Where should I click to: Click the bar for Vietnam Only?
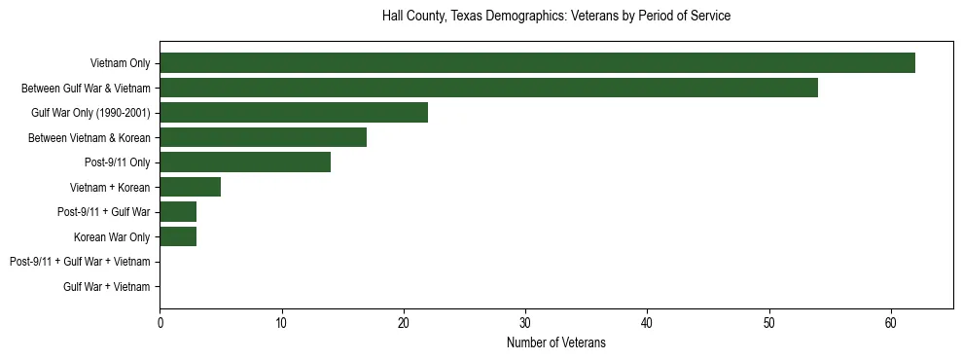(x=537, y=63)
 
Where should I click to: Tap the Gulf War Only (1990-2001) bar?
(x=294, y=113)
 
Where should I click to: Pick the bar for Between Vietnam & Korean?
(x=263, y=137)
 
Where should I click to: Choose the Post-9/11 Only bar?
(x=245, y=162)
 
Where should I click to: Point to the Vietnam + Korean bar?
(x=190, y=187)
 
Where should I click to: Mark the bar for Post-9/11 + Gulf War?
(x=178, y=212)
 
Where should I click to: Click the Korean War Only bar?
(x=178, y=236)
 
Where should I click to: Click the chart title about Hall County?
(x=555, y=17)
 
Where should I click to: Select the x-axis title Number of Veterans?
(x=555, y=342)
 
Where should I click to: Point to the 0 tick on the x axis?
(x=160, y=323)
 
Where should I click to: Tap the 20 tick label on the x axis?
(x=404, y=323)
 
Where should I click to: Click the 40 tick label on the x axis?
(x=647, y=323)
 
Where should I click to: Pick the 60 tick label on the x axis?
(x=891, y=323)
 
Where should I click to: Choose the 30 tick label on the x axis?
(x=525, y=323)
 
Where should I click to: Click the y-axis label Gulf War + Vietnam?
(x=107, y=286)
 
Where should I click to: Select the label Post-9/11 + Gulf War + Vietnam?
(x=80, y=262)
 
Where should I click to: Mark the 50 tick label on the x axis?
(x=769, y=323)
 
